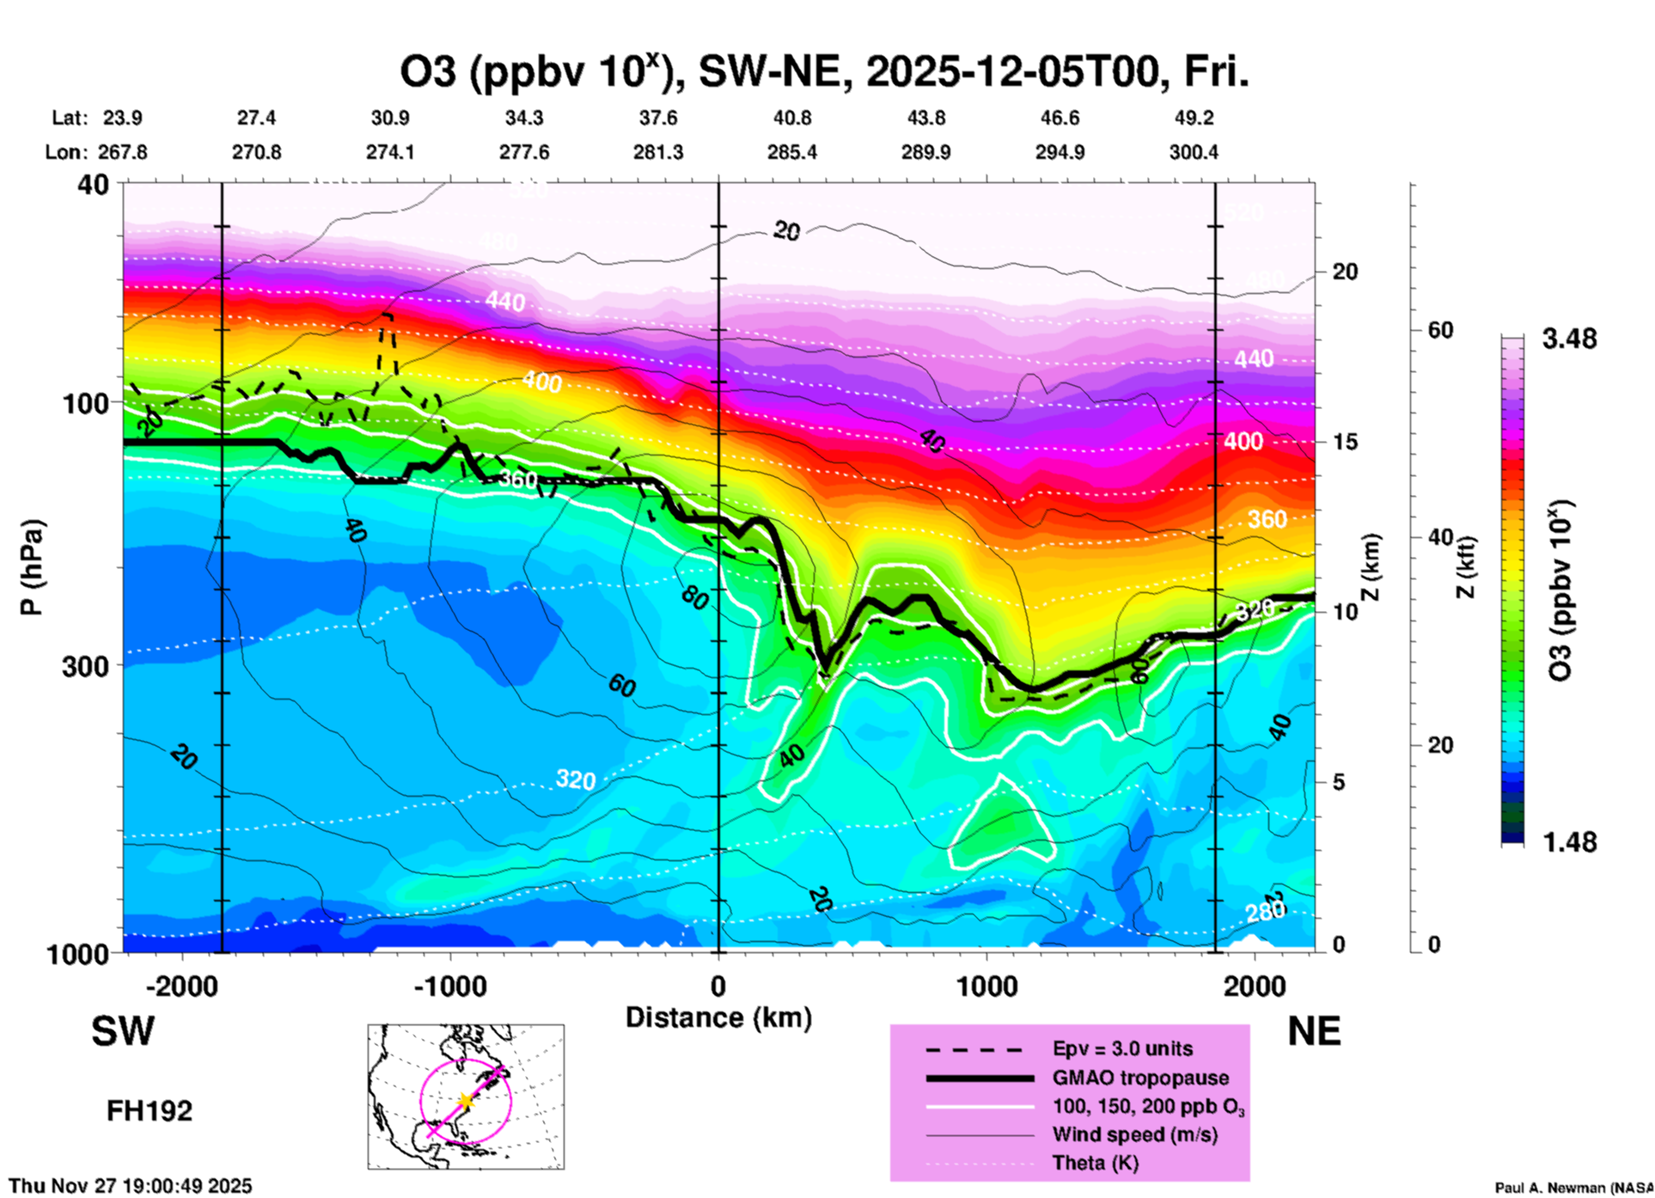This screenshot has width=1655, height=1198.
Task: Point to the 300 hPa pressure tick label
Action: click(85, 666)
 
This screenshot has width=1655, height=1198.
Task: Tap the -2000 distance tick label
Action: click(181, 986)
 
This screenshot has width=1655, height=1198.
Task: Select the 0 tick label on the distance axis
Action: click(718, 986)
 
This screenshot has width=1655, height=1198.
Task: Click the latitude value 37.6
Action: click(658, 118)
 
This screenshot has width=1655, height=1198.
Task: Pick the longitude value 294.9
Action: click(1060, 152)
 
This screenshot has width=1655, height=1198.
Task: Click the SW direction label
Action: click(123, 1031)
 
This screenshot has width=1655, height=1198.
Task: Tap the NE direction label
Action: click(1314, 1031)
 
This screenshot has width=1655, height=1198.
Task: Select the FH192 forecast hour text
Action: click(150, 1111)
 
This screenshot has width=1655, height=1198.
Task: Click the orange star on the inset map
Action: click(465, 1101)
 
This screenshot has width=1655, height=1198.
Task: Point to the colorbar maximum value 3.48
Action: click(1569, 339)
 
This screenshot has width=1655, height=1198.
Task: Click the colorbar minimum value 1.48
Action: click(1569, 841)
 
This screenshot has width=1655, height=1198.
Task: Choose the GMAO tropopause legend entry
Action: click(1140, 1078)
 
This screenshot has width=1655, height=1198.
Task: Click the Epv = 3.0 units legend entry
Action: click(1122, 1048)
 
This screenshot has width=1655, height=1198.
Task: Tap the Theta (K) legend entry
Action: click(1095, 1163)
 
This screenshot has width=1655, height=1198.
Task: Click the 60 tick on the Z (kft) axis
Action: click(1439, 330)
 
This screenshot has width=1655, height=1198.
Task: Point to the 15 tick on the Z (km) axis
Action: click(1345, 442)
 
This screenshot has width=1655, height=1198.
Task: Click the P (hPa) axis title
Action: click(32, 567)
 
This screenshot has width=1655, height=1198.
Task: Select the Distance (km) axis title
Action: click(718, 1018)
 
